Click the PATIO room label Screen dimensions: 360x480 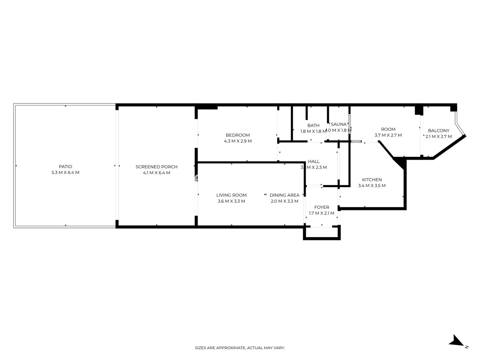pyautogui.click(x=66, y=166)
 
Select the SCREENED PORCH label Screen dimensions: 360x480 pyautogui.click(x=156, y=167)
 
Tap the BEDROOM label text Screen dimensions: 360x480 pyautogui.click(x=238, y=135)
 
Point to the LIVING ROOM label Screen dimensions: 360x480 pyautogui.click(x=231, y=195)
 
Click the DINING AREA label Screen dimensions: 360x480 pyautogui.click(x=284, y=195)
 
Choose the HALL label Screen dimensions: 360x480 pyautogui.click(x=314, y=162)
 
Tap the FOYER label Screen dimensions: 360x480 pyautogui.click(x=322, y=207)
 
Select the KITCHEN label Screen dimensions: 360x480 pyautogui.click(x=372, y=180)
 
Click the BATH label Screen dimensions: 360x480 pyautogui.click(x=313, y=125)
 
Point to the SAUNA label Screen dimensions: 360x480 pyautogui.click(x=338, y=124)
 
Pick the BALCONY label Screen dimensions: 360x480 pyautogui.click(x=438, y=130)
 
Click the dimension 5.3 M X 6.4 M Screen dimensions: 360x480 pyautogui.click(x=66, y=173)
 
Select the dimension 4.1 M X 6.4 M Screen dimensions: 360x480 pyautogui.click(x=156, y=173)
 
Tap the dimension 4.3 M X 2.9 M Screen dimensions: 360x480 pyautogui.click(x=238, y=141)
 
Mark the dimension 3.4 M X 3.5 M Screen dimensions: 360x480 pyautogui.click(x=372, y=186)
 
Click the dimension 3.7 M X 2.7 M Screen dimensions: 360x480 pyautogui.click(x=388, y=135)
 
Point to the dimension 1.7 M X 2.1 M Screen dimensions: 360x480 pyautogui.click(x=322, y=213)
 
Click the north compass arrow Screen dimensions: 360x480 pyautogui.click(x=456, y=341)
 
